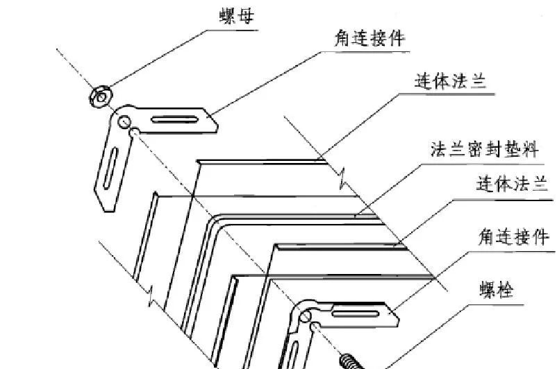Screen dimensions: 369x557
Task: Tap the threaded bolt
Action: [x=351, y=361]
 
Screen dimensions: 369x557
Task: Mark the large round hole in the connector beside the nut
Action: [x=125, y=122]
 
